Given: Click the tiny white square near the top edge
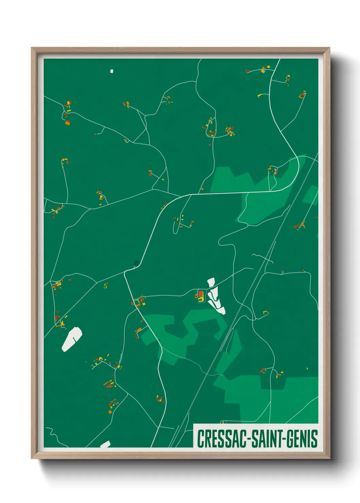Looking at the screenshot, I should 112,71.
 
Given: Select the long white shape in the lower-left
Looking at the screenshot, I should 72,339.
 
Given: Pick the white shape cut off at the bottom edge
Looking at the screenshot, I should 105,444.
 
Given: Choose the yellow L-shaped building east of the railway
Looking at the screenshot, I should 266,312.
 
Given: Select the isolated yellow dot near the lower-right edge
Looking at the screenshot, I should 307,368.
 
